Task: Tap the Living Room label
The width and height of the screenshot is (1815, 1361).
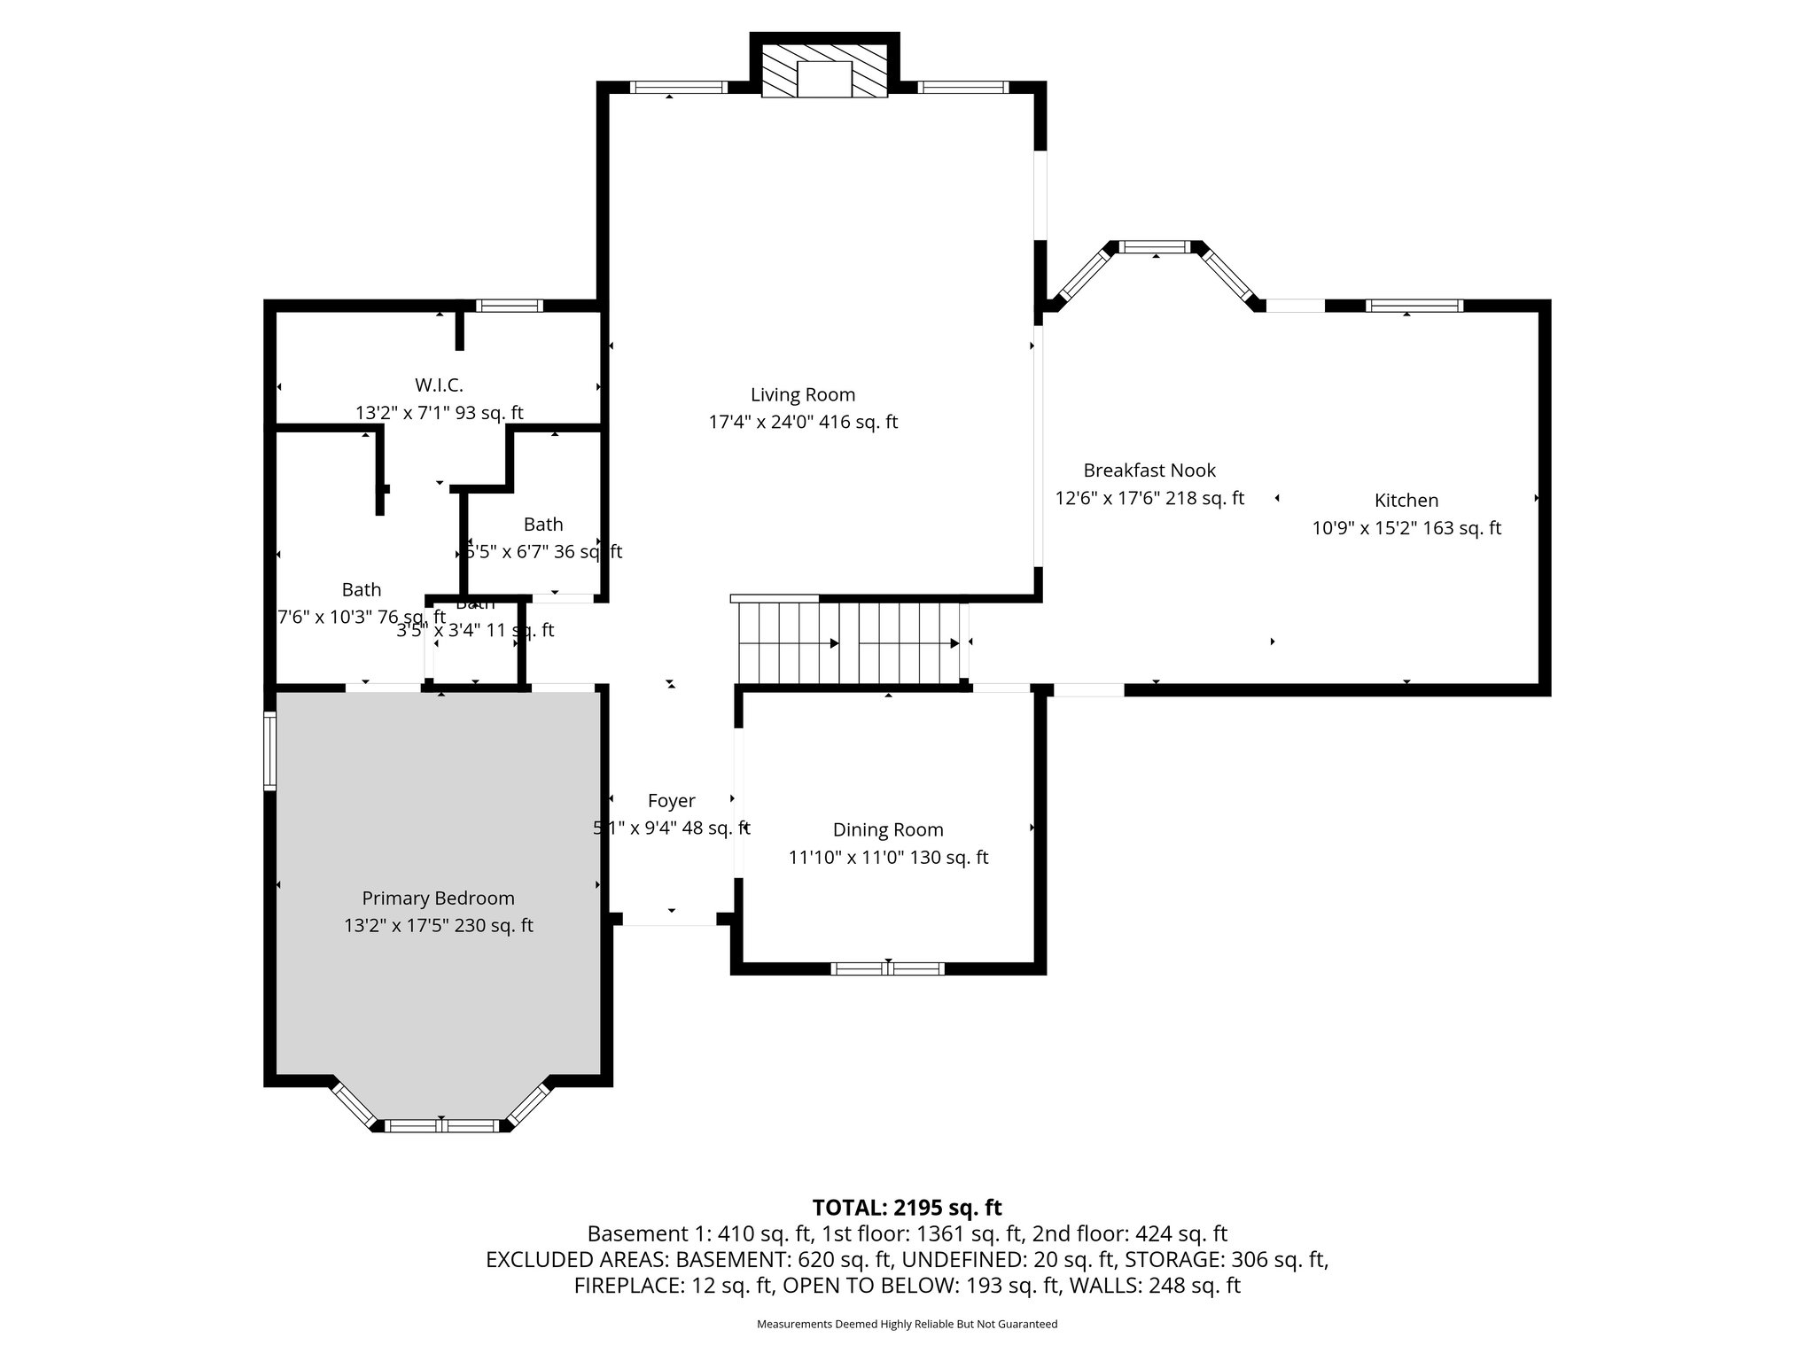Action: pos(803,395)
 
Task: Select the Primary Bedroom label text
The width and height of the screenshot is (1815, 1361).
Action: pos(438,898)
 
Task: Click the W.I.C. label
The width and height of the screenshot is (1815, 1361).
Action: pos(439,385)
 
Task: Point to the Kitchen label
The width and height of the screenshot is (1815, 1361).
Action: pos(1406,501)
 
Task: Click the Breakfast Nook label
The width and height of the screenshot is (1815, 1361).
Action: pos(1149,471)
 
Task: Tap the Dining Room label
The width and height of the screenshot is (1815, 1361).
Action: pos(888,830)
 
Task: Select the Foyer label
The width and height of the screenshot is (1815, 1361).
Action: pos(671,801)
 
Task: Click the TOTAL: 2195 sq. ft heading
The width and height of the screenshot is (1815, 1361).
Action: pos(907,1208)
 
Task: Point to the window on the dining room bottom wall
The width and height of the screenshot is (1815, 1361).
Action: pos(887,968)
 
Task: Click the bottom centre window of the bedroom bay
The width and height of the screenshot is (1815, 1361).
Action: pos(442,1126)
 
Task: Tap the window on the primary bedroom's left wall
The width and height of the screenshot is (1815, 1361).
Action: pos(270,751)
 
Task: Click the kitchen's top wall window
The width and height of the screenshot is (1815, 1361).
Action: pos(1414,306)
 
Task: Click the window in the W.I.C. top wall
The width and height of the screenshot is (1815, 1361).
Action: pos(509,306)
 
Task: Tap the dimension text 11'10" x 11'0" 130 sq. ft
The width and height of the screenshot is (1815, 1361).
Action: pos(888,858)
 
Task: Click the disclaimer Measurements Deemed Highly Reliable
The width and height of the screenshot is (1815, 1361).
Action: pos(907,1324)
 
